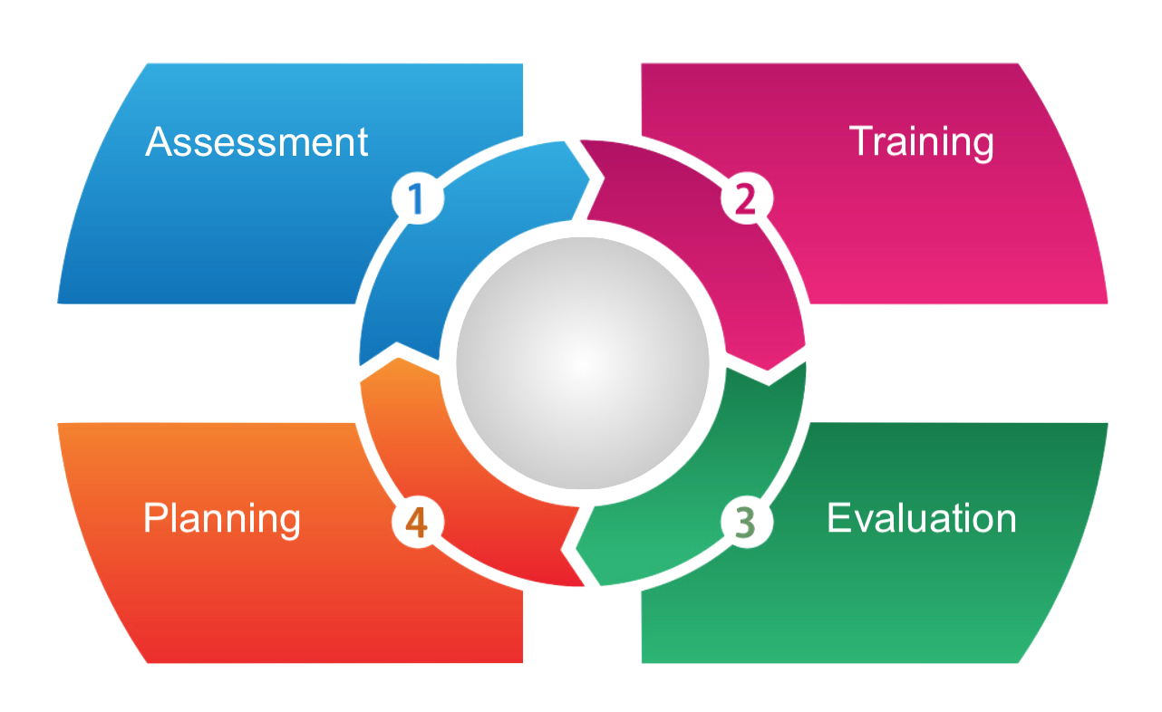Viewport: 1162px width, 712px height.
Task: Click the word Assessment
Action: pos(257,142)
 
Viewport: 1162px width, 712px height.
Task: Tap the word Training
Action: pos(921,142)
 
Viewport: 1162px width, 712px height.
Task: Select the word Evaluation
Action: pos(921,518)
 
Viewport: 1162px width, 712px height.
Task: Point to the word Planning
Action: pos(222,518)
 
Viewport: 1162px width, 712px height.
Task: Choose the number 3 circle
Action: pos(745,523)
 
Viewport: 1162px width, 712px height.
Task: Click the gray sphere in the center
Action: pos(582,362)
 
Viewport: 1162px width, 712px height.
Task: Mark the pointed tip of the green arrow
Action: pos(578,548)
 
